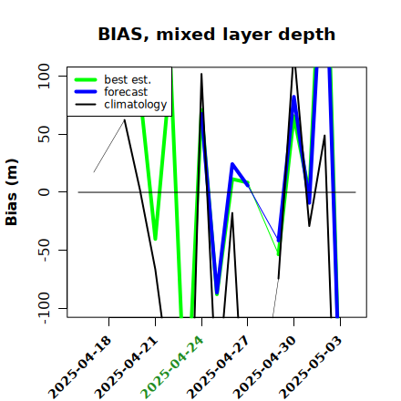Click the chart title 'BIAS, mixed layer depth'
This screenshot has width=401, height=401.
tap(217, 34)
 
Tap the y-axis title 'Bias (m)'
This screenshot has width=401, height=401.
tap(12, 192)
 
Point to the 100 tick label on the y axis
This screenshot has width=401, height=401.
tap(44, 76)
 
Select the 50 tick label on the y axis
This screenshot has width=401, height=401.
tap(44, 134)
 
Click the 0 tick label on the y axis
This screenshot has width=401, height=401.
tap(44, 192)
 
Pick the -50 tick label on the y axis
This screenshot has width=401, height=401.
tap(45, 250)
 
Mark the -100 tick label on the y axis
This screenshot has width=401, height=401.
tap(45, 308)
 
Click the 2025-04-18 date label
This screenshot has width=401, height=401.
tap(80, 367)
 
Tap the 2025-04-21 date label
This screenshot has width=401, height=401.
tap(127, 367)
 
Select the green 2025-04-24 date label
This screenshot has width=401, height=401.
tap(172, 367)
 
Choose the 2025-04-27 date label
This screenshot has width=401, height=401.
tap(218, 367)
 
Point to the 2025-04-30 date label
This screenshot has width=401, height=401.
tap(264, 367)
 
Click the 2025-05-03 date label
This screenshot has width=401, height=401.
tap(311, 367)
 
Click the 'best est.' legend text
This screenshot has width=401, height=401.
tap(128, 79)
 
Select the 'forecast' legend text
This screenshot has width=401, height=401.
tap(126, 92)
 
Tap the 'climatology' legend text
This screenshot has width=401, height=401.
tap(136, 105)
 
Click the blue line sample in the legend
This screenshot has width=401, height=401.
tap(86, 92)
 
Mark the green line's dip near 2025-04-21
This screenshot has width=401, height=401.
tap(155, 239)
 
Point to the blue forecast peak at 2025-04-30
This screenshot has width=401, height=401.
tap(293, 98)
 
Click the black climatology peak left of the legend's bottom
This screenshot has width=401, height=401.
tap(125, 120)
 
